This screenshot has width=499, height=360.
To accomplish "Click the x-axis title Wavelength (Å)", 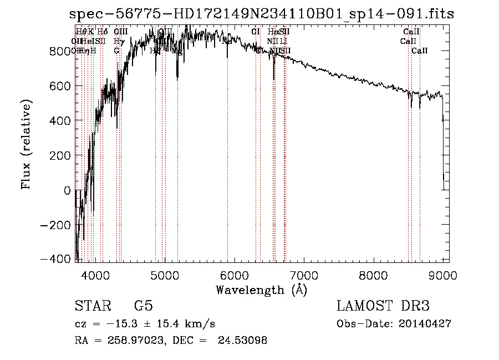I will point(261,290).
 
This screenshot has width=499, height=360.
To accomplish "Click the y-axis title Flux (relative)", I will point(26,144).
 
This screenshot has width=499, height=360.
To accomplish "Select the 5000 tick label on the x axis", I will point(165,275).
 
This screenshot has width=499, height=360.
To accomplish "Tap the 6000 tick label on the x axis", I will point(235,275).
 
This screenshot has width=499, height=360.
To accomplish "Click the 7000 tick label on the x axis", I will point(304,275).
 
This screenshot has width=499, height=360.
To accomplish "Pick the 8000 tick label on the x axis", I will point(374,275).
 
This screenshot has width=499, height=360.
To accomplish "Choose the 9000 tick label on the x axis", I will point(443,275).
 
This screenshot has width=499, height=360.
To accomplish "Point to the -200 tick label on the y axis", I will point(58,226).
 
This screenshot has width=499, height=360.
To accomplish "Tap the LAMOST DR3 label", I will point(383,306).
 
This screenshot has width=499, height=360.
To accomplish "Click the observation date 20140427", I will point(425,324).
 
